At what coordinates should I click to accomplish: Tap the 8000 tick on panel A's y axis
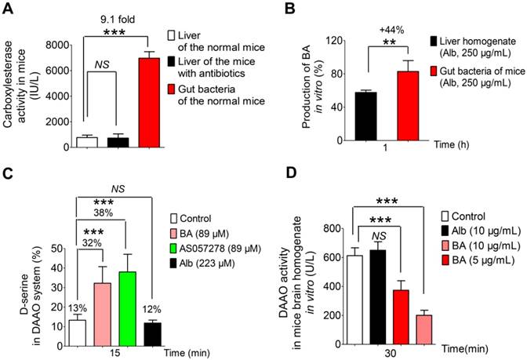pos(58,45)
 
